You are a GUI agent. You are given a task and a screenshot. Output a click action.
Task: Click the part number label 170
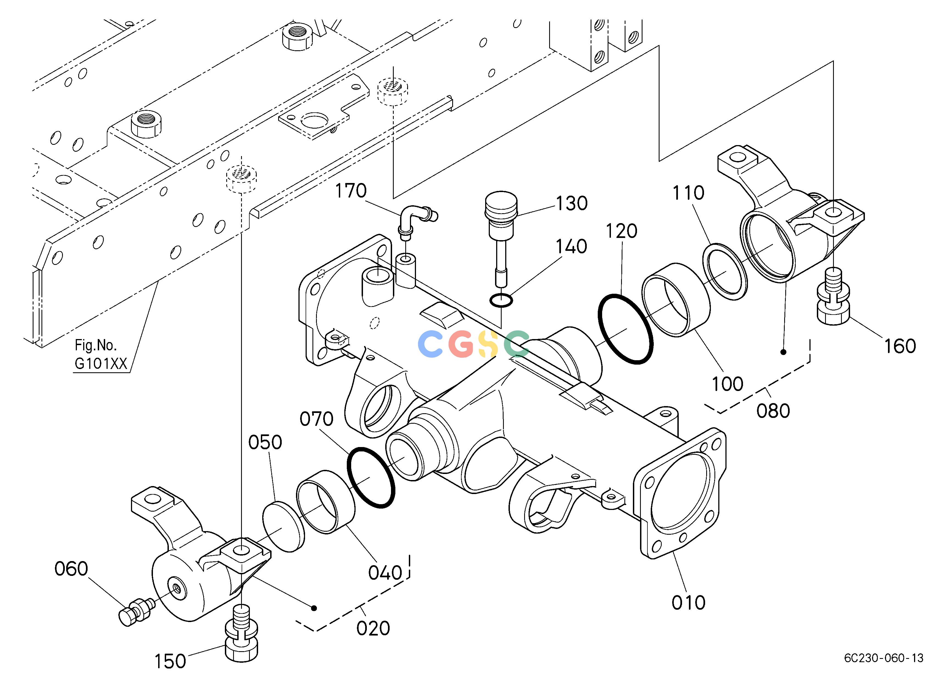point(351,191)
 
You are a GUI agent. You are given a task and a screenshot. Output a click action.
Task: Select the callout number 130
point(572,203)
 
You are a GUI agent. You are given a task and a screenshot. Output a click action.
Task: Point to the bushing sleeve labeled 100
point(676,299)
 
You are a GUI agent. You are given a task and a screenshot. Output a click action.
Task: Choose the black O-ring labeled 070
point(371,478)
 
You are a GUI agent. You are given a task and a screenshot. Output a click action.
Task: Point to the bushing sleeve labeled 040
point(326,501)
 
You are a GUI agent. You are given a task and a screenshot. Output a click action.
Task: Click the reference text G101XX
point(100,364)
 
